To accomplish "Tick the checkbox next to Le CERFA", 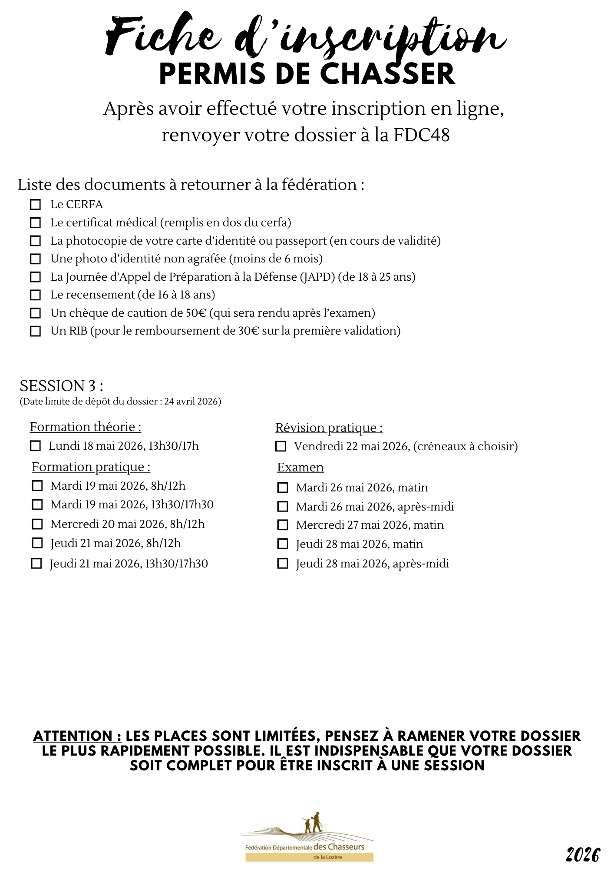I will pyautogui.click(x=35, y=205).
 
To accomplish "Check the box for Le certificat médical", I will pyautogui.click(x=35, y=223).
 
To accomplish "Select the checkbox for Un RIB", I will pyautogui.click(x=35, y=331).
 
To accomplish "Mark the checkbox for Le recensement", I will pyautogui.click(x=35, y=295).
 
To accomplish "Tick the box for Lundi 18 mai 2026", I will pyautogui.click(x=35, y=446).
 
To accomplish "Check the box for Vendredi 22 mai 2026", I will pyautogui.click(x=281, y=446).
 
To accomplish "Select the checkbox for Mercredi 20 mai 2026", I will pyautogui.click(x=37, y=524).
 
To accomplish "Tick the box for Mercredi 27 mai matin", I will pyautogui.click(x=283, y=525).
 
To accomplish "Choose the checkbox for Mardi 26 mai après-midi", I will pyautogui.click(x=283, y=507).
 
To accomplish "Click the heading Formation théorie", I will pyautogui.click(x=86, y=427).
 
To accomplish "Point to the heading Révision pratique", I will pyautogui.click(x=329, y=428).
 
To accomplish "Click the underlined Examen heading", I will pyautogui.click(x=300, y=468).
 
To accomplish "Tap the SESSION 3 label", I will pyautogui.click(x=61, y=386).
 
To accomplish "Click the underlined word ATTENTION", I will pyautogui.click(x=77, y=736).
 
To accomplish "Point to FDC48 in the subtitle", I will pyautogui.click(x=421, y=135).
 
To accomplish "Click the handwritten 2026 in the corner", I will pyautogui.click(x=582, y=855).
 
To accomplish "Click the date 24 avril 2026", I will pyautogui.click(x=191, y=401).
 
